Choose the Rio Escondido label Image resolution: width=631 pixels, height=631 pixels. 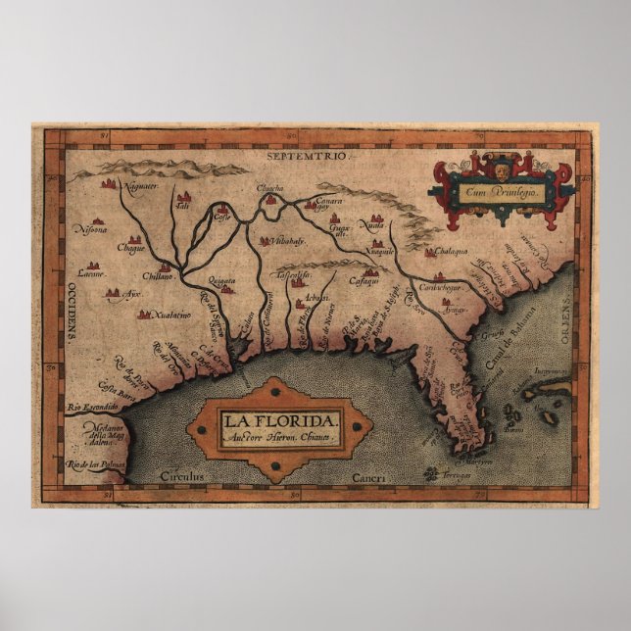(92, 407)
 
